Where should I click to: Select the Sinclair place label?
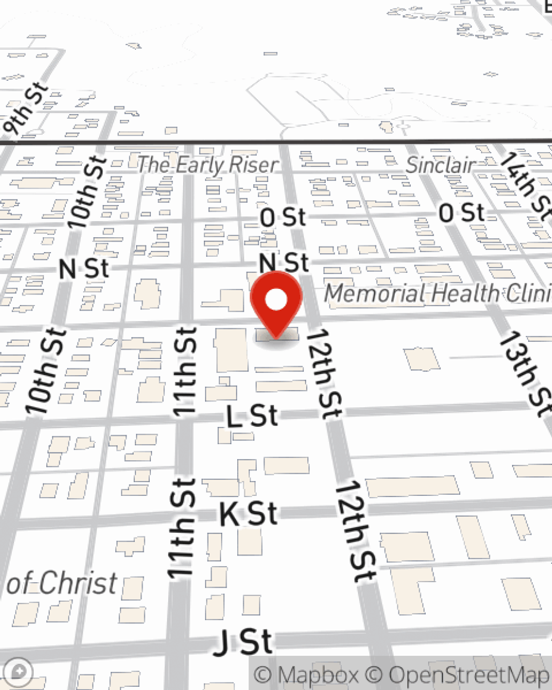click(441, 164)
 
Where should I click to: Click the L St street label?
click(252, 416)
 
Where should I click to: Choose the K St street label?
click(248, 514)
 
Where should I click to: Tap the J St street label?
click(243, 643)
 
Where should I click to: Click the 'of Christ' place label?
click(62, 583)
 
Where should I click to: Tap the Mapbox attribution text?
click(306, 675)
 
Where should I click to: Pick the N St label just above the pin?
click(284, 262)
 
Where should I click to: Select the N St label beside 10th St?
click(84, 269)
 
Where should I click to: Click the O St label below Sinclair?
click(461, 213)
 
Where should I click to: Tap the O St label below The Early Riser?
click(283, 217)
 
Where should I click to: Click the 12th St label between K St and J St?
click(355, 531)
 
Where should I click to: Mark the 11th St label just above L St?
click(185, 371)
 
